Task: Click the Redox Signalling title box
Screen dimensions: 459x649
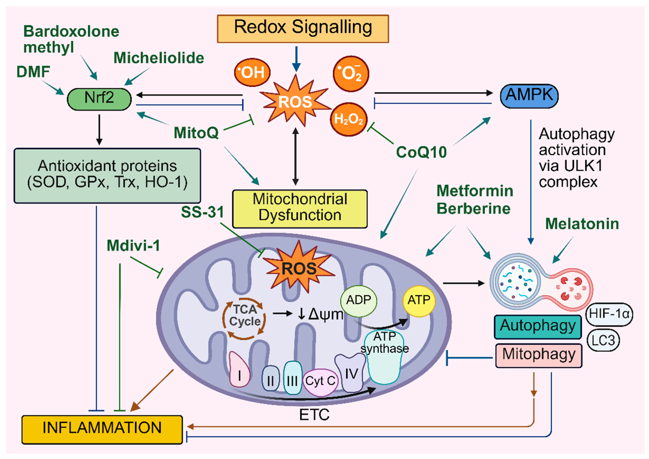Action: coord(303,28)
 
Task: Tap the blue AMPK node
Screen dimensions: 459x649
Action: coord(529,96)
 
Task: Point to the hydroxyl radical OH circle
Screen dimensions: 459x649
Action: coord(252,72)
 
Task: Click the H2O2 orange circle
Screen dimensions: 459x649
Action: coord(349,119)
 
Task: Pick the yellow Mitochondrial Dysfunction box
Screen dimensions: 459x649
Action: coord(300,209)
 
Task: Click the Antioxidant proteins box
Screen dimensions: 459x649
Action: coord(107,175)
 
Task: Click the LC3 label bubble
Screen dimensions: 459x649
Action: coord(603,340)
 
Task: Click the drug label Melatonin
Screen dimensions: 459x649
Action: coord(582,224)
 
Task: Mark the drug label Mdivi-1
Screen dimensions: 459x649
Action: coord(133,246)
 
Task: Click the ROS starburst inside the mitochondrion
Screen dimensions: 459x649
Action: coord(299,268)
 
